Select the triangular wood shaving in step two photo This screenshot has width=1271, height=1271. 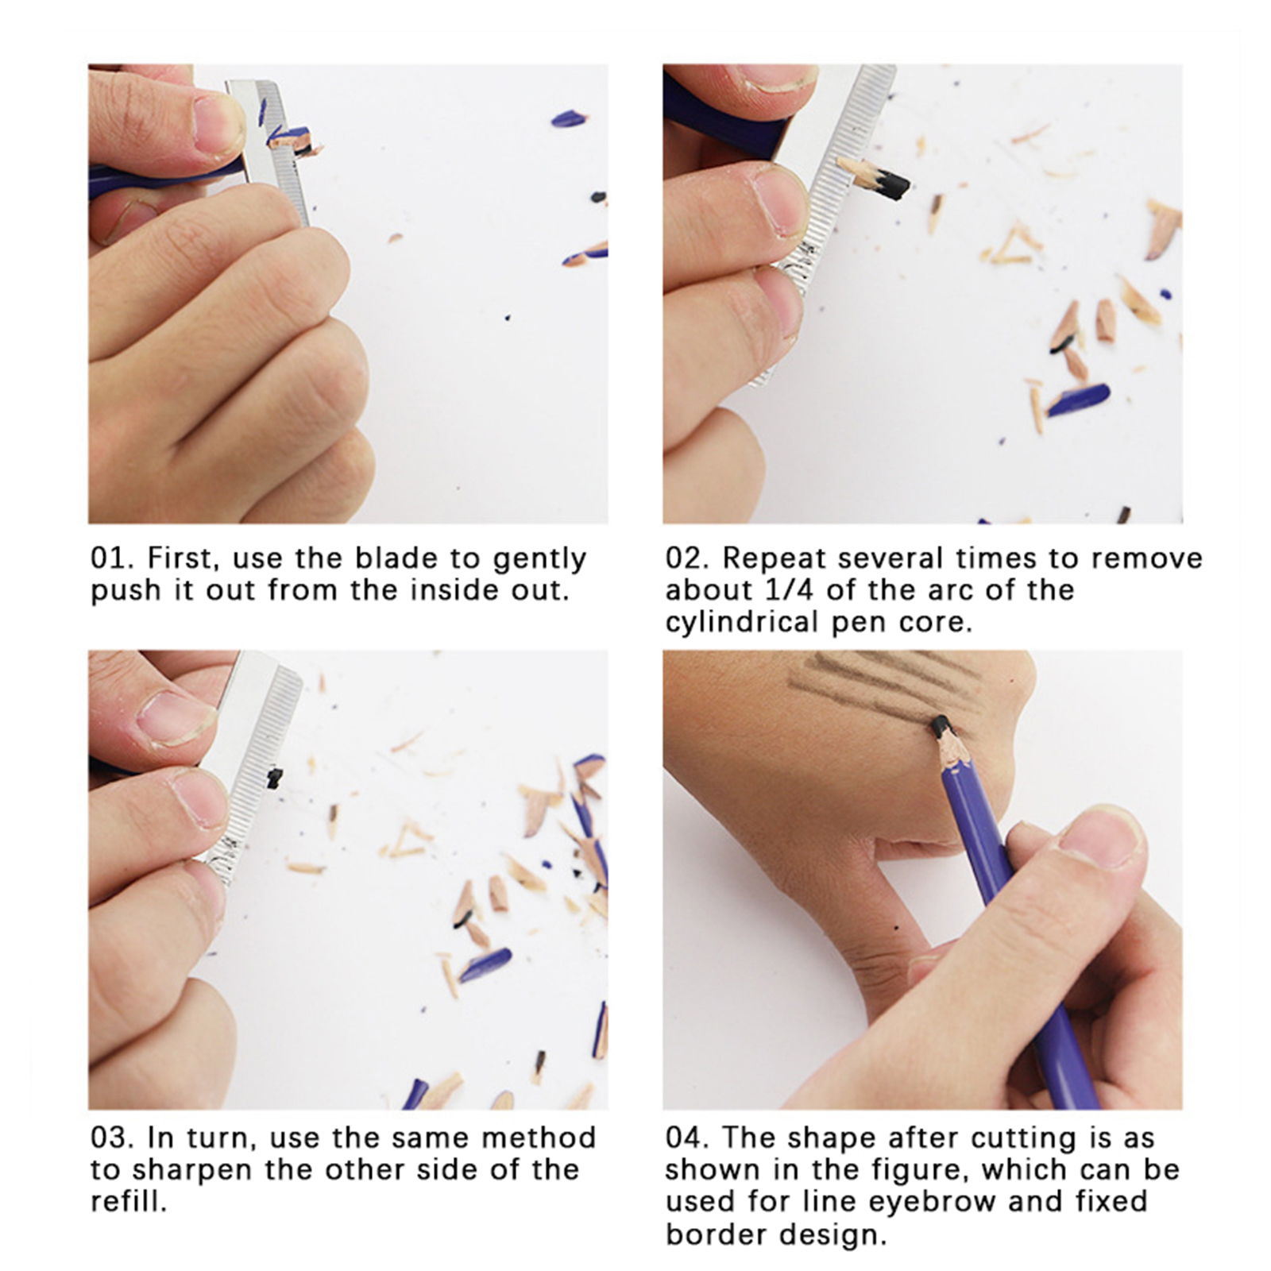1011,244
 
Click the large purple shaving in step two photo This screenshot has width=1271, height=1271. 1078,400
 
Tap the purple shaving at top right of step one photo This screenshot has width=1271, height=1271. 570,119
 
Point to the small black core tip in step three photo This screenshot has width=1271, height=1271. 274,778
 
